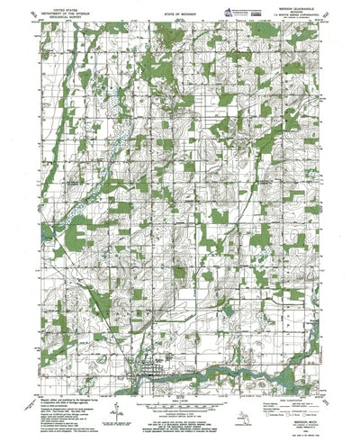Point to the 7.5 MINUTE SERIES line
(287, 17)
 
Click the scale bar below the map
(178, 396)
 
